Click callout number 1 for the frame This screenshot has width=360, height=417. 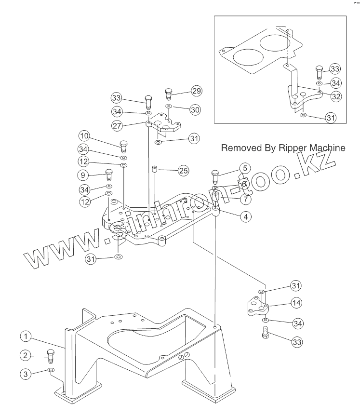[26, 336]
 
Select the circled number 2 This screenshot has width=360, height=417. [26, 356]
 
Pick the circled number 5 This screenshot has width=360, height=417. [245, 168]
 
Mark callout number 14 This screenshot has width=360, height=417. [296, 303]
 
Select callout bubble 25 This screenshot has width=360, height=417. [183, 170]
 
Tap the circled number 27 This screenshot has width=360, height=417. [116, 125]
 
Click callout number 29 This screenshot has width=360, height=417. [196, 91]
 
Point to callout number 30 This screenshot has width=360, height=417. [195, 110]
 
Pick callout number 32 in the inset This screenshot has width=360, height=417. [335, 96]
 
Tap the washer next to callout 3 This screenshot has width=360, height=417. [51, 370]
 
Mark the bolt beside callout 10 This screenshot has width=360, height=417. [123, 144]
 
